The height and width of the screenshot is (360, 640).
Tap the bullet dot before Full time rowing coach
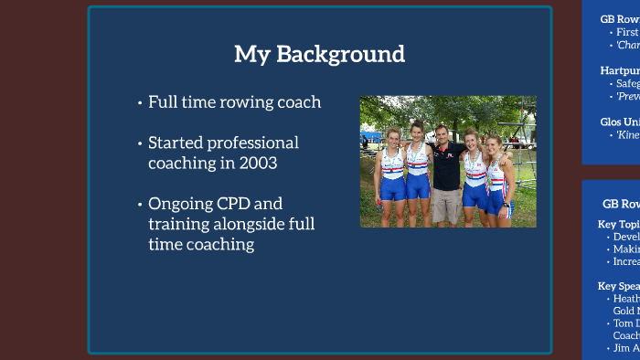[x=139, y=102]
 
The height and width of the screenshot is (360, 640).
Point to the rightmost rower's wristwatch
[x=508, y=198]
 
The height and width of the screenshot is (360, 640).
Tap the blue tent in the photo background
[x=370, y=137]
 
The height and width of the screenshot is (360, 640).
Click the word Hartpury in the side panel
[x=620, y=69]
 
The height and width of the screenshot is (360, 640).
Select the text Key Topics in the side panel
[x=618, y=223]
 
